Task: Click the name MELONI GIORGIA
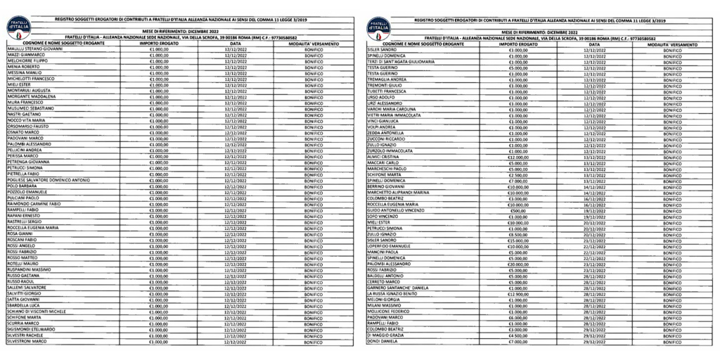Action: coord(382,299)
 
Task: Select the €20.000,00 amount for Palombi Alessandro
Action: coord(518,264)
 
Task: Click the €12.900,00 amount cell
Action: coord(518,293)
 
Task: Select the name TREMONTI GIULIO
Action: coord(384,85)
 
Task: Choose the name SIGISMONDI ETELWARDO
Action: coord(32,328)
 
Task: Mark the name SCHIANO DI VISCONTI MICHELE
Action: coord(37,311)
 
